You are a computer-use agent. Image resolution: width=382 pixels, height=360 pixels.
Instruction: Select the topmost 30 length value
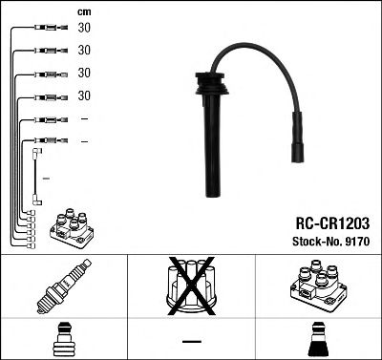[84, 29]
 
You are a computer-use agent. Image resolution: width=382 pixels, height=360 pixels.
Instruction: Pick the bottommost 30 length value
[84, 95]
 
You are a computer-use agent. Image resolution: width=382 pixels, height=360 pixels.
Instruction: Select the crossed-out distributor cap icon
[191, 287]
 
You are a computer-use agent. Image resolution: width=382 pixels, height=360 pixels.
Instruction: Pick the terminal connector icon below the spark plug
[63, 339]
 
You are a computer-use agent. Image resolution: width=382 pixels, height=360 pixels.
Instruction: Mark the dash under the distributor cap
[191, 341]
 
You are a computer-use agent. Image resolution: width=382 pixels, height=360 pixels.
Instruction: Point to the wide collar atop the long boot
[203, 89]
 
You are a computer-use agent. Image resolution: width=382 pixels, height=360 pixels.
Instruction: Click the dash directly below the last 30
[84, 118]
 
